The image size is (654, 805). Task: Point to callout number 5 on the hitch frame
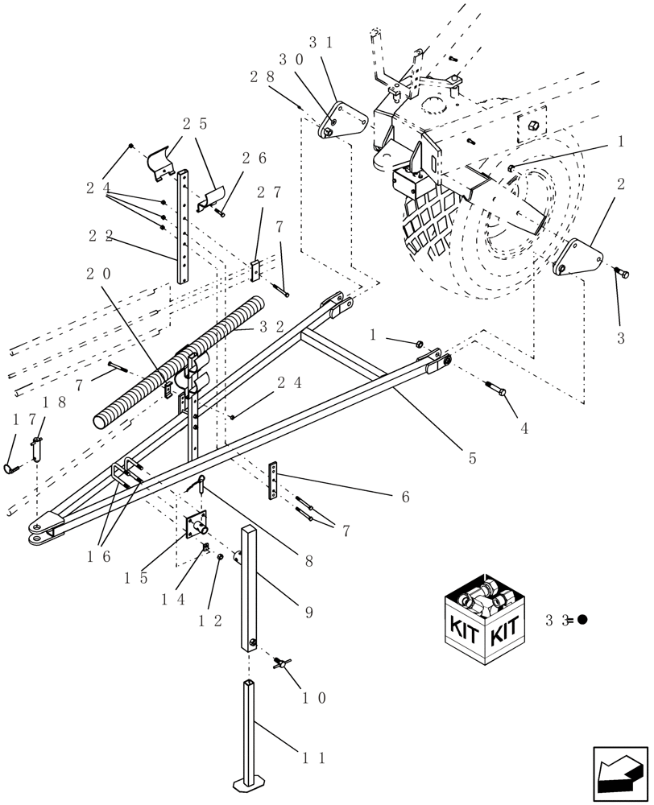pos(472,458)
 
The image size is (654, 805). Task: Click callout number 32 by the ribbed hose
pos(274,327)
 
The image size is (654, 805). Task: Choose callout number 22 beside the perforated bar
pos(101,235)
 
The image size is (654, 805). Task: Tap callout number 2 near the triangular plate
pos(620,184)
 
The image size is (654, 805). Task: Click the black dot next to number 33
pos(582,620)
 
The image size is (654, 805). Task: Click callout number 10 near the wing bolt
pos(315,698)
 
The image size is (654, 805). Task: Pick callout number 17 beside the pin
pos(19,419)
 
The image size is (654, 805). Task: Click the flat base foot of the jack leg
pos(249,780)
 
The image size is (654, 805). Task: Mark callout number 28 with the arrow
pos(262,76)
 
